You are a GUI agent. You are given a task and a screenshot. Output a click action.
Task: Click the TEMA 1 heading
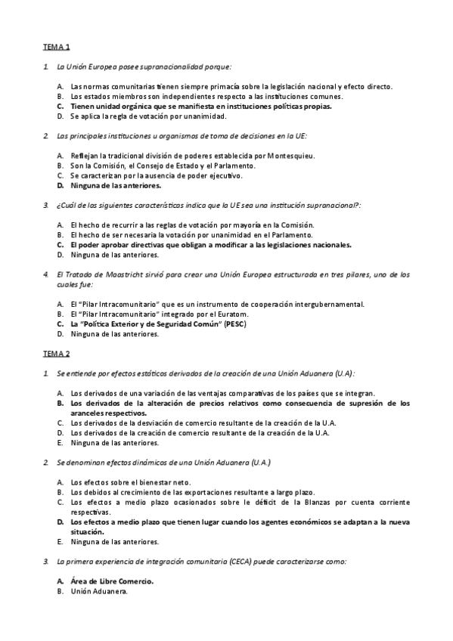point(57,47)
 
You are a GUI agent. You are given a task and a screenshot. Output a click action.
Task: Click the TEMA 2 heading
point(57,353)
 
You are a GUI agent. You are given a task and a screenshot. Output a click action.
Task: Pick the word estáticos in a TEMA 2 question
point(126,373)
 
